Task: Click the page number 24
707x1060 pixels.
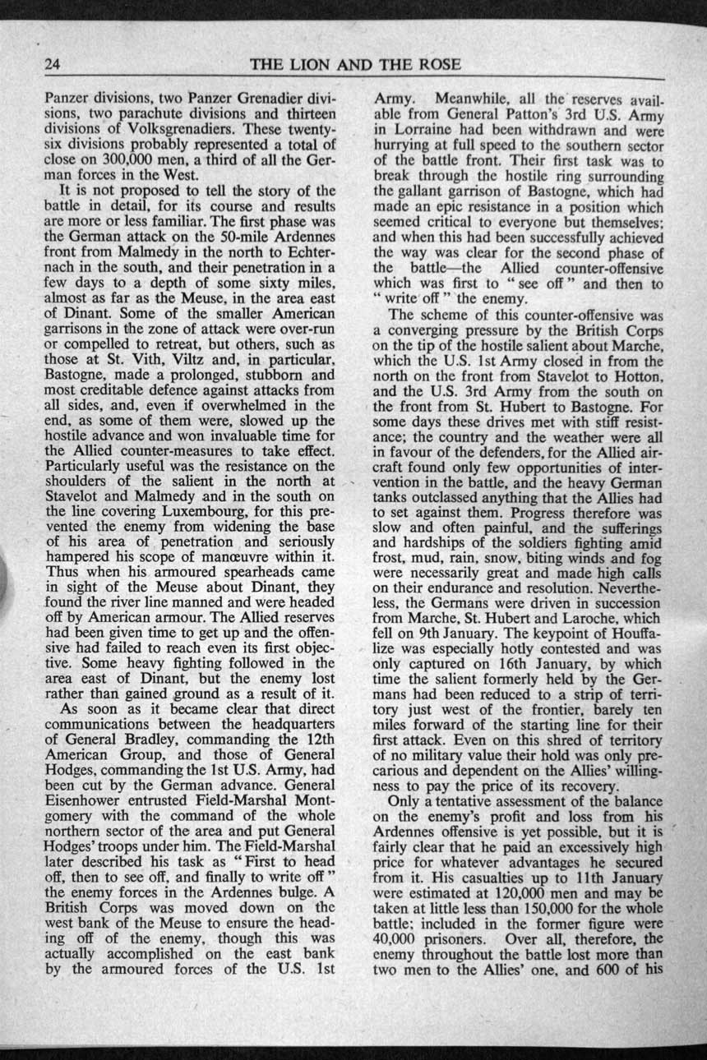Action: pyautogui.click(x=54, y=64)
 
